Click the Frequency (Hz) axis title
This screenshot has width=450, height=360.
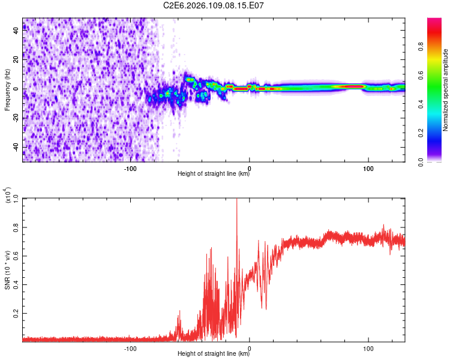7,90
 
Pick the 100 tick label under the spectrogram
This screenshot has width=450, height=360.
368,169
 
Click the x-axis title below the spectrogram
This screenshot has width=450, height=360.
214,175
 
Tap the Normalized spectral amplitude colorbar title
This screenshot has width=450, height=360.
446,90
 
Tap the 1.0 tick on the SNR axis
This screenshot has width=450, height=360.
16,199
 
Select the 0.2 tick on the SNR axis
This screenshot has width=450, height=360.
16,313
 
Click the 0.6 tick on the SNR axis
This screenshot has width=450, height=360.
16,256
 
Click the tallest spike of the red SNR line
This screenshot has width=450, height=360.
236,200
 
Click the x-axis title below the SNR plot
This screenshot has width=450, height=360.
214,354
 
